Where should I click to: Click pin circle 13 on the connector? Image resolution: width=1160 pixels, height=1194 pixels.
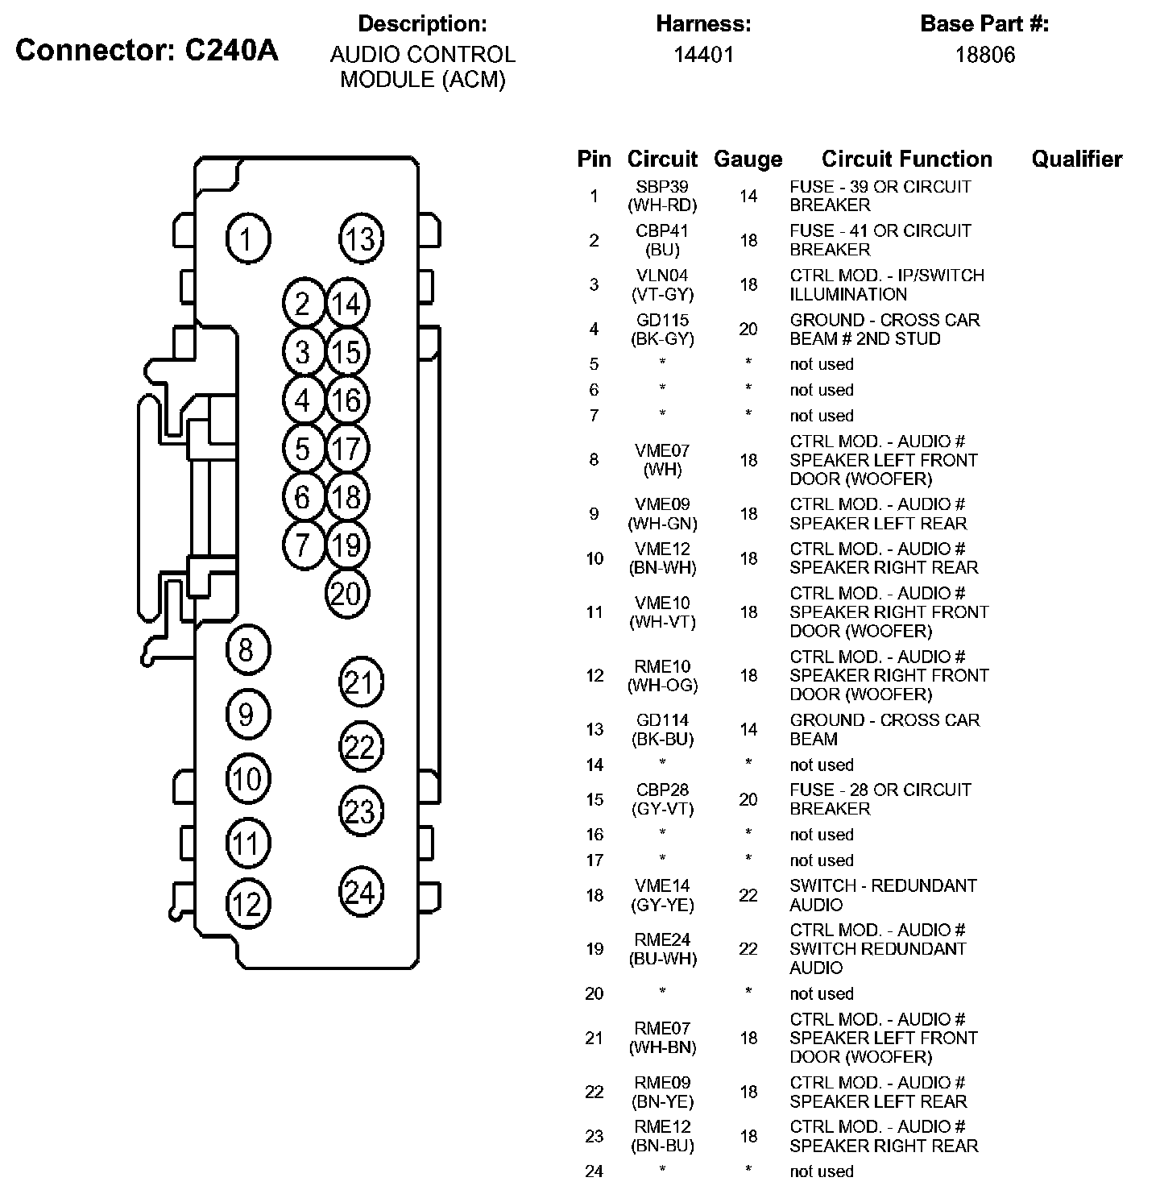coord(360,238)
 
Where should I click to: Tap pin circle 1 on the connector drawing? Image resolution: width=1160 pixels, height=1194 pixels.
coord(247,239)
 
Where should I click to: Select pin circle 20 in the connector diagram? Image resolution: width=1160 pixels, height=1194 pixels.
coord(346,595)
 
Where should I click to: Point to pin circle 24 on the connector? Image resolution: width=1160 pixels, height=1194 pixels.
coord(360,892)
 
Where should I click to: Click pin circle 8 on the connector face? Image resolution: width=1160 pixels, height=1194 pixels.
coord(246,649)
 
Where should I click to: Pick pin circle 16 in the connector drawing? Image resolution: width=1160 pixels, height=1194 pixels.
coord(346,400)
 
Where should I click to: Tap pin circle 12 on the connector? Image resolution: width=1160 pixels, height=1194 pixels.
coord(247,904)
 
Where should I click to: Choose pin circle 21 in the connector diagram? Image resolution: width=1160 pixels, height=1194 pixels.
coord(360,682)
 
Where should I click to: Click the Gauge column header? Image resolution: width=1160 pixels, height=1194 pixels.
coord(748,159)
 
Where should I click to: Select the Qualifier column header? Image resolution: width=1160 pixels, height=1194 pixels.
coord(1076,159)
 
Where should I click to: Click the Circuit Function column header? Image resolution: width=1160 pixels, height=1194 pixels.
coord(906,159)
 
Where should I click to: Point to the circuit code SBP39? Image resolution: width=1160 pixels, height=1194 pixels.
coord(662,186)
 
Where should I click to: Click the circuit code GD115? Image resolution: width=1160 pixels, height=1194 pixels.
coord(662,320)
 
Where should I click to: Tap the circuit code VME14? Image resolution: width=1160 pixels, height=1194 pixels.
coord(662,885)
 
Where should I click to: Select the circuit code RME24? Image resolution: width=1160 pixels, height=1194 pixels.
coord(662,939)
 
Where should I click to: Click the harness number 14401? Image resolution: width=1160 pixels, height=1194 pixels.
coord(703,55)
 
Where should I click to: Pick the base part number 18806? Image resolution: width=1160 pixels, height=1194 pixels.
coord(984,55)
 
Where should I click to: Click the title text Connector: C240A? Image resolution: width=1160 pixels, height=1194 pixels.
coord(147,50)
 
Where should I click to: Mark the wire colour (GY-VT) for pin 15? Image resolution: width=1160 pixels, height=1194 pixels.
coord(662,809)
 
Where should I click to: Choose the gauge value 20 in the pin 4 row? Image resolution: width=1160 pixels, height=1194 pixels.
coord(748,329)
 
